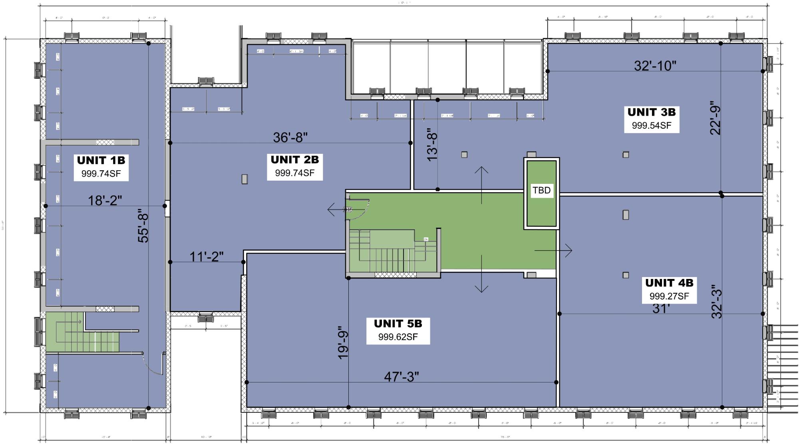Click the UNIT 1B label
101,161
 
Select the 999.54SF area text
651,125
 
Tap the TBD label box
541,190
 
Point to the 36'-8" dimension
290,137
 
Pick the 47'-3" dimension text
401,376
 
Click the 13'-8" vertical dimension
433,145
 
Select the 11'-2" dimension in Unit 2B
206,257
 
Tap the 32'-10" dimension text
655,66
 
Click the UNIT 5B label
398,324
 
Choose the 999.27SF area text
669,296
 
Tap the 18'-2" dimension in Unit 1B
105,201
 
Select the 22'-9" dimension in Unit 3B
715,120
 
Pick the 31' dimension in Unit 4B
661,309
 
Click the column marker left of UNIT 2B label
244,179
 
